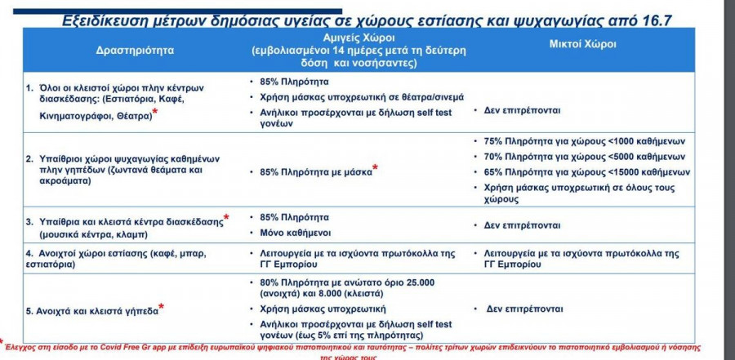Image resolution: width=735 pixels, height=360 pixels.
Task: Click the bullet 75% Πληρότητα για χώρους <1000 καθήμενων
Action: pyautogui.click(x=584, y=141)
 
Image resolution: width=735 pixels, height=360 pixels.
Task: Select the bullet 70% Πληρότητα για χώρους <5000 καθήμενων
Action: pyautogui.click(x=584, y=157)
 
